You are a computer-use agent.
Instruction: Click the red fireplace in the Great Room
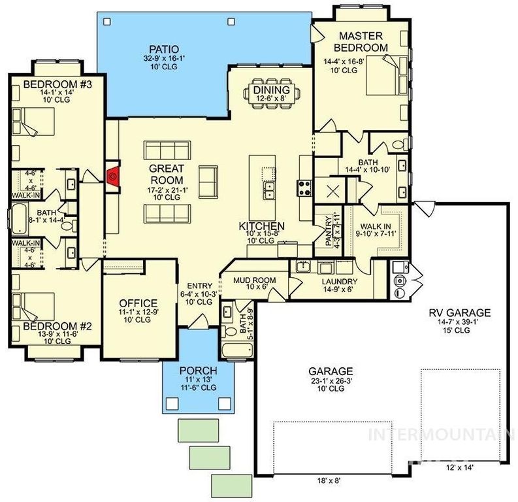coord(112,175)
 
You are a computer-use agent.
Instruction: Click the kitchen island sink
coord(269,190)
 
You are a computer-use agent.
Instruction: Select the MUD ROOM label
coord(255,280)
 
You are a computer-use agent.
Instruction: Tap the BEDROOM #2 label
coord(49,325)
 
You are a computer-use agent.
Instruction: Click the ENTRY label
coord(199,286)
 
